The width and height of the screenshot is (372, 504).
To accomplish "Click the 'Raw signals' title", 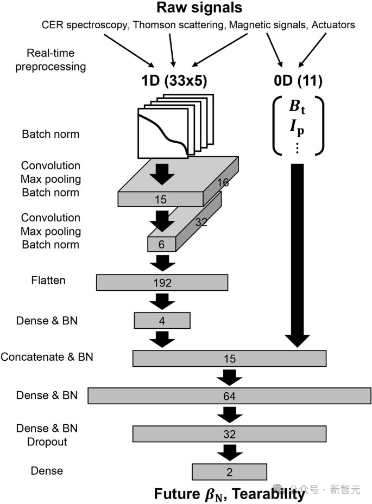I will (x=199, y=8).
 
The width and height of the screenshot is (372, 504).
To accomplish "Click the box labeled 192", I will (x=162, y=283).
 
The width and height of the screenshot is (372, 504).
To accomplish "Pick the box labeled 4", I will (x=162, y=321).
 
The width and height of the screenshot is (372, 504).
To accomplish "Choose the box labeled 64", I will (x=229, y=397).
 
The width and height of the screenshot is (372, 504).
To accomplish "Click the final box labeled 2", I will (x=229, y=472).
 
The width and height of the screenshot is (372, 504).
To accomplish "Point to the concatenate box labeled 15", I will (x=229, y=359).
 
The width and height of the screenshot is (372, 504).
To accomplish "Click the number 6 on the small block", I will (x=161, y=245).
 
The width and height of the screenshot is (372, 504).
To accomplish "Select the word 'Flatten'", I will (x=48, y=280).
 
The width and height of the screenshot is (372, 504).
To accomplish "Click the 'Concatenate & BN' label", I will (x=47, y=357).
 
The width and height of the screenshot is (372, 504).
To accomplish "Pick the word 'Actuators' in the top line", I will (x=334, y=24).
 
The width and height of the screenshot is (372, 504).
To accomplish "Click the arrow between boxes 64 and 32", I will (x=229, y=414).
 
